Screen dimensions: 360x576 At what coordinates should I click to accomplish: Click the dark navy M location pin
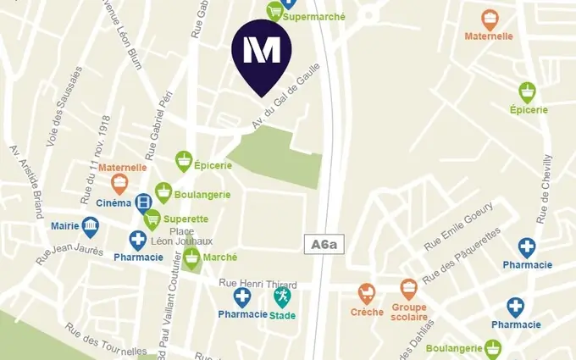tap(262, 54)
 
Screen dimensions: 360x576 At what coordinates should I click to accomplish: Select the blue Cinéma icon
tap(144, 202)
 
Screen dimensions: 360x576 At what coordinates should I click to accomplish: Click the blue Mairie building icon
tap(90, 225)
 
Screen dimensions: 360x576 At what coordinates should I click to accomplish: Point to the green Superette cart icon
tap(152, 220)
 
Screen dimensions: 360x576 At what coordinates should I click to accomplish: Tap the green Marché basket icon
tap(192, 258)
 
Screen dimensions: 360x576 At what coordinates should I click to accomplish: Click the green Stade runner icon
tap(282, 296)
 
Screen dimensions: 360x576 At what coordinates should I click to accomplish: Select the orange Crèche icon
tap(367, 293)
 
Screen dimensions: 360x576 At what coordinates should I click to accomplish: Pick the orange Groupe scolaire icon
tap(409, 289)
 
